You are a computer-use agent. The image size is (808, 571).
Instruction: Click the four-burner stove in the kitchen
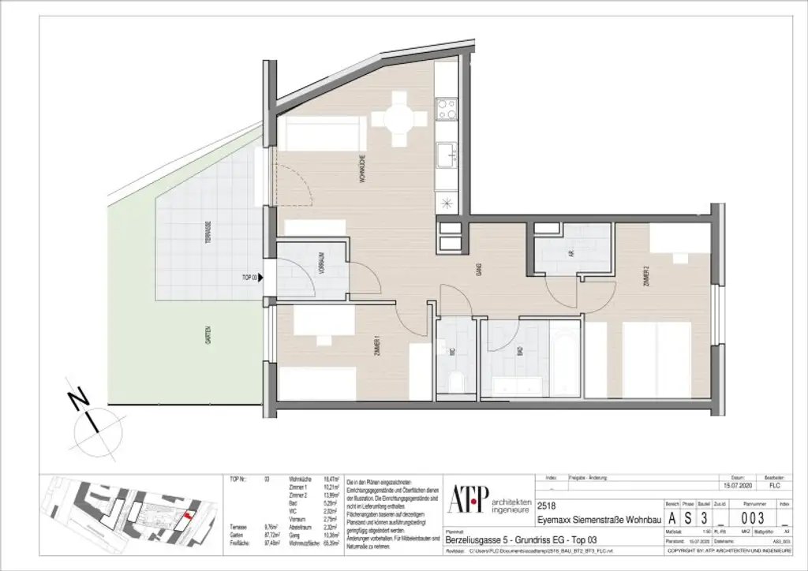point(447,108)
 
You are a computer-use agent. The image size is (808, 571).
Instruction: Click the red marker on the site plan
point(187,517)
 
